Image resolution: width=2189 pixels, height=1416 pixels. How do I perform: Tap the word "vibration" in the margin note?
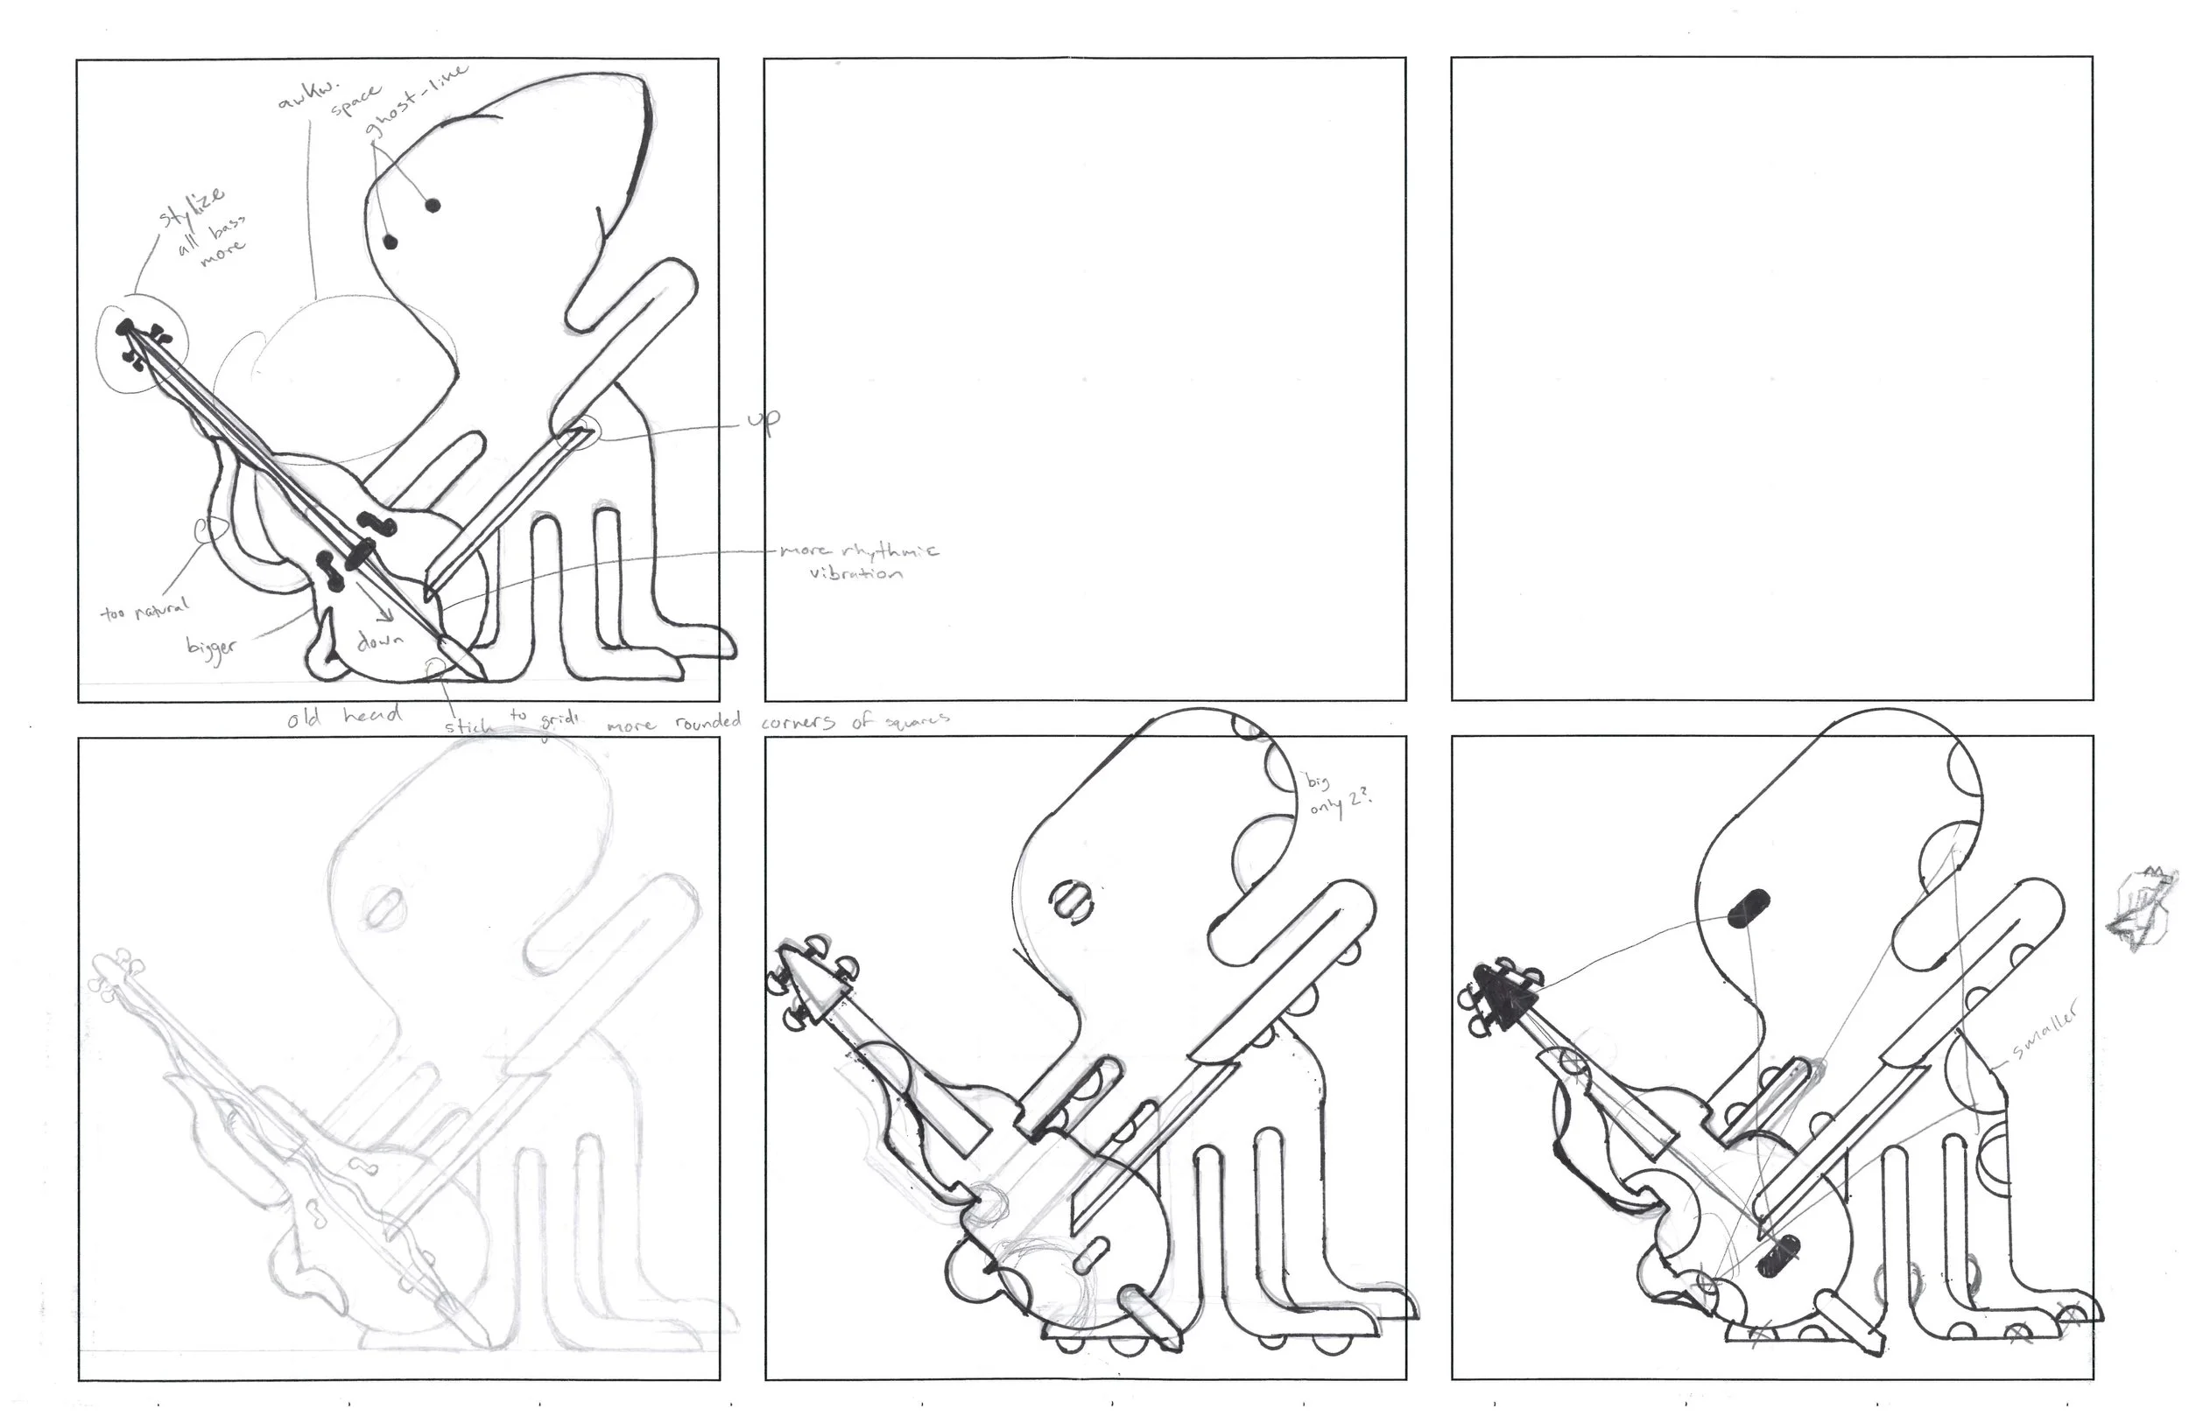point(855,573)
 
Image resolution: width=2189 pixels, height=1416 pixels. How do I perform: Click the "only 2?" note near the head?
point(1341,806)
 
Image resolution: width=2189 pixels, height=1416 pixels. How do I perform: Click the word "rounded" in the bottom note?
point(708,723)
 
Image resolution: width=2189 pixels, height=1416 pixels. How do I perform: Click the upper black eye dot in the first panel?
point(433,205)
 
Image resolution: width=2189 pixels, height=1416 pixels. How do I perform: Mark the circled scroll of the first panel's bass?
point(138,342)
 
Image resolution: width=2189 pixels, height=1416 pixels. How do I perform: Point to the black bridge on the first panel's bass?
point(359,552)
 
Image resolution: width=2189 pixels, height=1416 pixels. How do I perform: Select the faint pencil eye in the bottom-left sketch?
point(383,904)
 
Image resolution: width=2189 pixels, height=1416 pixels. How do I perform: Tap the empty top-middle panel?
point(1084,379)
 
